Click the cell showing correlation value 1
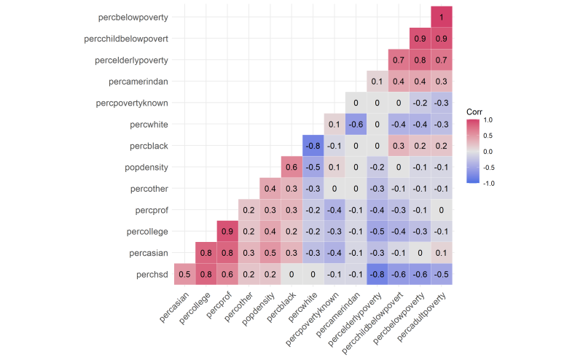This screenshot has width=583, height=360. coord(441,16)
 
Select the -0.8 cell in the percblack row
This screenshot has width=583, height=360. coord(313,146)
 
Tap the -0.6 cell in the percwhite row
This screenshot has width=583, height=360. coord(356,124)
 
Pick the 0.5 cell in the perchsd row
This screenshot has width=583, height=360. coord(184,275)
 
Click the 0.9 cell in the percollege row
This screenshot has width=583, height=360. coord(227,232)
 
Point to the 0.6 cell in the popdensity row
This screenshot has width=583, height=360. coord(291,167)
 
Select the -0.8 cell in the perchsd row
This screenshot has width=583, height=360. coord(377,275)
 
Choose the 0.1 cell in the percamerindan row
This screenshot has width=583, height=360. coord(377,81)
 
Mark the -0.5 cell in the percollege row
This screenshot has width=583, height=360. coord(377,232)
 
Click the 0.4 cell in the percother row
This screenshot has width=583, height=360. coord(270,189)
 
